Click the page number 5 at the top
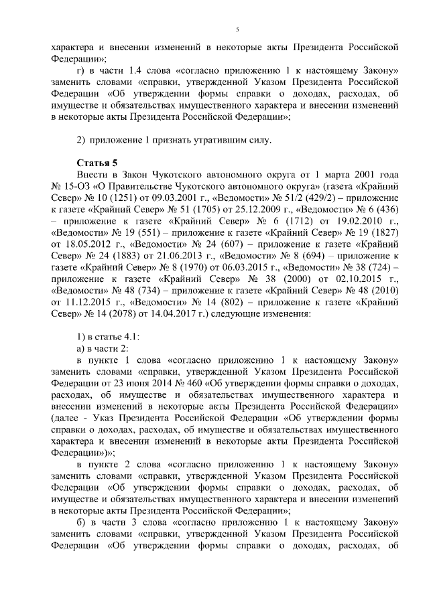(x=238, y=29)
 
